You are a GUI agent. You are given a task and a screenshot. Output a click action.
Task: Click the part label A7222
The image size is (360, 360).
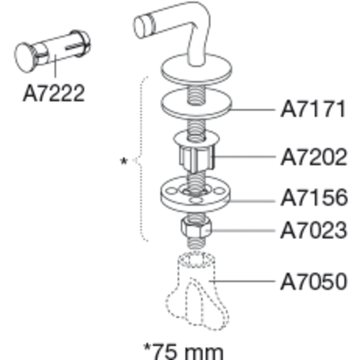tap(54, 93)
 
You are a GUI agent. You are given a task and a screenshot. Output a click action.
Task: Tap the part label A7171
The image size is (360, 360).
tap(313, 109)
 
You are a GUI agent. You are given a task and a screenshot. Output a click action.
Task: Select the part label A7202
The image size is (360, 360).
tap(314, 157)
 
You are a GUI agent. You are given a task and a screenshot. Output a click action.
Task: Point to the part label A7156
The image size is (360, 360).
tap(314, 197)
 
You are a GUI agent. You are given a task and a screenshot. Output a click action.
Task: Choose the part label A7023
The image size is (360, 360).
tap(314, 230)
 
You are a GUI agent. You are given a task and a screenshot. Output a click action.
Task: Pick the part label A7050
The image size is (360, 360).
tap(314, 282)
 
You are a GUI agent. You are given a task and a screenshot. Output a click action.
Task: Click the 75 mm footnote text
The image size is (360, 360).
tap(183, 351)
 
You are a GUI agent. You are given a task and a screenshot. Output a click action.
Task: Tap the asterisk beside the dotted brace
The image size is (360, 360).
tap(124, 161)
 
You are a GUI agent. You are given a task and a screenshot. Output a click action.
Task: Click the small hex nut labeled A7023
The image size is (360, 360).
tap(196, 228)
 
